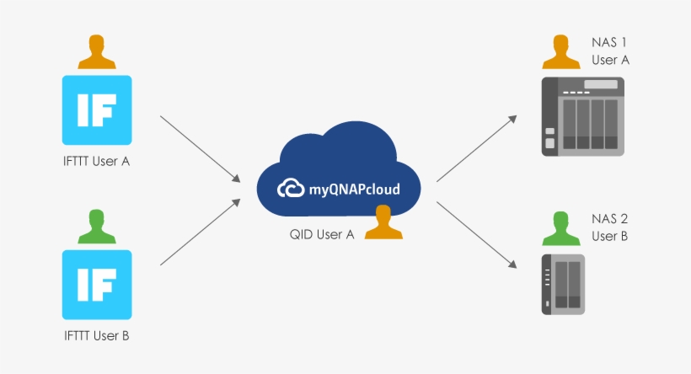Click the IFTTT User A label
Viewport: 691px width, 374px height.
tap(97, 161)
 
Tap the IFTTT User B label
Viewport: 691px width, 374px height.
tap(97, 336)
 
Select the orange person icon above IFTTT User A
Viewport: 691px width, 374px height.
tap(97, 52)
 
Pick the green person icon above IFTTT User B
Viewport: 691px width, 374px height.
tap(97, 227)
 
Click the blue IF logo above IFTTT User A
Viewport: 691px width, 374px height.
tap(97, 110)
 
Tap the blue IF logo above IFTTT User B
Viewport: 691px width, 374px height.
tap(97, 285)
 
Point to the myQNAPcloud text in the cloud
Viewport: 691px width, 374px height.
tap(354, 190)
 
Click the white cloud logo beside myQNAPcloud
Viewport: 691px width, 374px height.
tap(291, 188)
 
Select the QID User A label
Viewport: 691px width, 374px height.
tap(322, 234)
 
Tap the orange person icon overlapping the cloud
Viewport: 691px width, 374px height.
tap(383, 222)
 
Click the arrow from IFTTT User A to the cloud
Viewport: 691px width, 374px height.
tap(200, 149)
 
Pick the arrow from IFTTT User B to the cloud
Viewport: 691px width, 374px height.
tap(200, 232)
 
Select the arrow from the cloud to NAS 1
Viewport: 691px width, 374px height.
tap(476, 148)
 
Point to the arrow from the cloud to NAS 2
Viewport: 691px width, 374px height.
tap(476, 235)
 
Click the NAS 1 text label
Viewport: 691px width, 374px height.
tap(609, 42)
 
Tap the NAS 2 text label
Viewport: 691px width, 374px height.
tap(609, 219)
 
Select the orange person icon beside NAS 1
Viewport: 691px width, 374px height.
tap(561, 52)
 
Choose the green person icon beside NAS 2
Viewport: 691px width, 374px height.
tap(561, 228)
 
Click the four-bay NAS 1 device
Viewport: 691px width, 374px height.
tap(582, 116)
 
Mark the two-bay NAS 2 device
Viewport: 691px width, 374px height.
tap(563, 285)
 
